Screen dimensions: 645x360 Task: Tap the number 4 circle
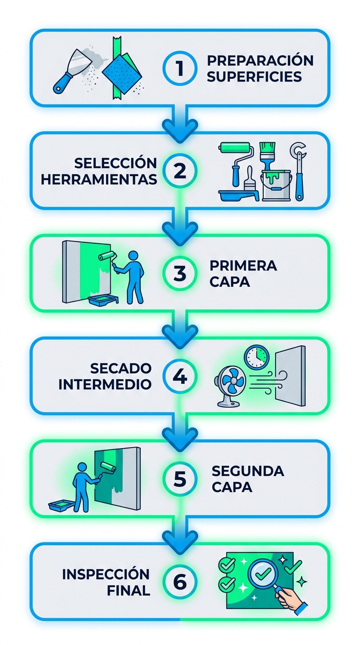[180, 376]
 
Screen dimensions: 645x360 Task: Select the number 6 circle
[180, 582]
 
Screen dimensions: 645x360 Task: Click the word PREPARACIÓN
[260, 60]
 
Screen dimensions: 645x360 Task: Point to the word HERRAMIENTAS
[98, 179]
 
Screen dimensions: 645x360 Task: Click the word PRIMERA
[243, 266]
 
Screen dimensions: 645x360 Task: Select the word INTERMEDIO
[105, 384]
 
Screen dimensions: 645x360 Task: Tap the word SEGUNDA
[247, 471]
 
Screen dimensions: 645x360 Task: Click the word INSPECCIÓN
[105, 574]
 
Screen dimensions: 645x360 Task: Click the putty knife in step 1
[70, 71]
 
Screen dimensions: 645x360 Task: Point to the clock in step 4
[256, 358]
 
